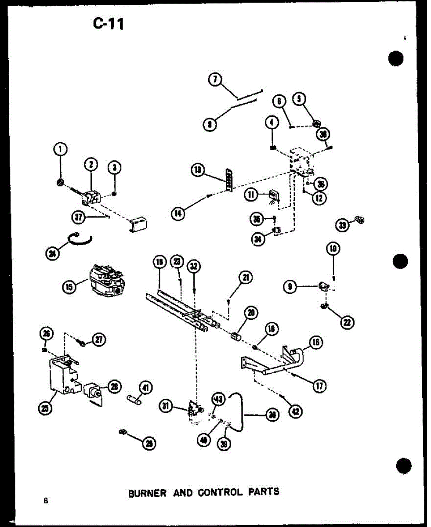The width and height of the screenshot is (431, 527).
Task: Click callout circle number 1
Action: (61, 150)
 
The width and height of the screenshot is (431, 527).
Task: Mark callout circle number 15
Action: (69, 287)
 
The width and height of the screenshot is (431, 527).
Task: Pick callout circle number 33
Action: (341, 225)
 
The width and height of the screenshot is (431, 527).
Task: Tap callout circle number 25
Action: (45, 408)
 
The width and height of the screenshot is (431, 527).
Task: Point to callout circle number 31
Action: (166, 407)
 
